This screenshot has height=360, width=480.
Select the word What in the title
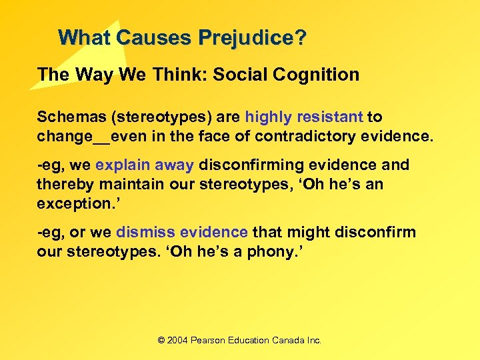pos(84,37)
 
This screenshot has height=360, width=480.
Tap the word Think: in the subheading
pos(176,75)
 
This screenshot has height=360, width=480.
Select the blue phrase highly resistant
pos(304,117)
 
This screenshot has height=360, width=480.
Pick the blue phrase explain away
pos(145,165)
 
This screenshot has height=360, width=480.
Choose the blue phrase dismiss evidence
pos(182,232)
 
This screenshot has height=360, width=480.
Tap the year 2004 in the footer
pos(177,340)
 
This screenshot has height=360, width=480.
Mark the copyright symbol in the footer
pos(161,340)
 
